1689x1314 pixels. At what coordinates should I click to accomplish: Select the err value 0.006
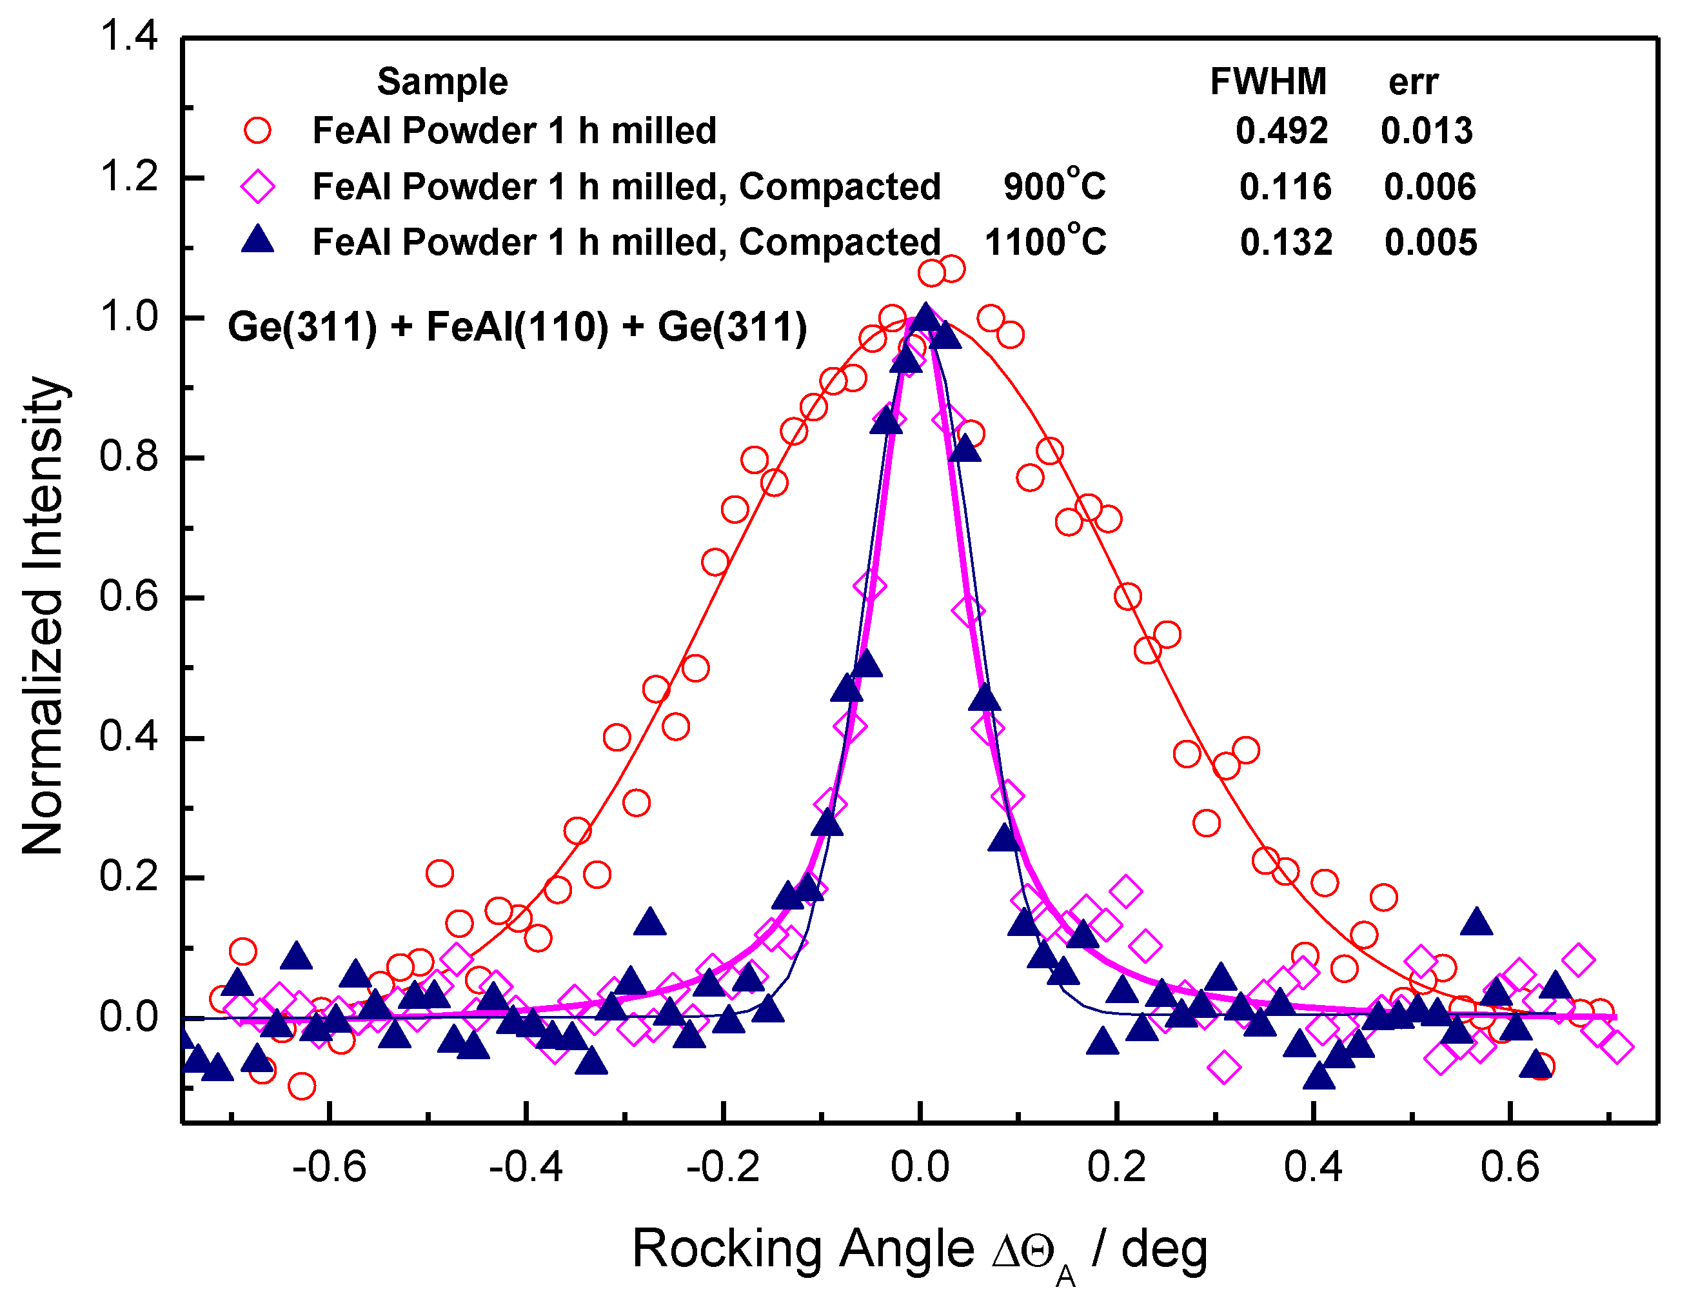pyautogui.click(x=1429, y=186)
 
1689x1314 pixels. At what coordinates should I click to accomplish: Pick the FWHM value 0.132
pyautogui.click(x=1286, y=242)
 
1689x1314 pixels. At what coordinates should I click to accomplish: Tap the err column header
pyautogui.click(x=1412, y=81)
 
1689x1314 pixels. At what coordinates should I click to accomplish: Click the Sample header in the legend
pyautogui.click(x=442, y=81)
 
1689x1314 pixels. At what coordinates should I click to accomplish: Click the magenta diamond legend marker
pyautogui.click(x=257, y=186)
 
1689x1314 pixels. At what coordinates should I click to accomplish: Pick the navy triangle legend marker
pyautogui.click(x=257, y=240)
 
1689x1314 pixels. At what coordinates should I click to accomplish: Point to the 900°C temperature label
pyautogui.click(x=1054, y=185)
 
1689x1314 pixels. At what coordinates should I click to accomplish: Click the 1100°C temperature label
pyautogui.click(x=1045, y=241)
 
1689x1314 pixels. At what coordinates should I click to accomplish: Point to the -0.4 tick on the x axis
pyautogui.click(x=526, y=1166)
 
